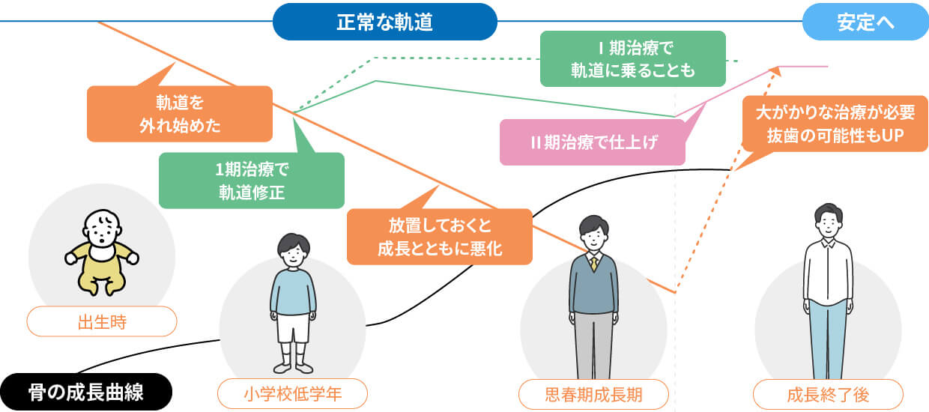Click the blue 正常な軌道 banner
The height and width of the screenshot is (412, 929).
tap(384, 22)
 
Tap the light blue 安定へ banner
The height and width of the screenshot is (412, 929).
tap(865, 22)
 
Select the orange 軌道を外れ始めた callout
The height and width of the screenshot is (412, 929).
tap(180, 113)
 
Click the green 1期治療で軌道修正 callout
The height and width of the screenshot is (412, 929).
tap(252, 180)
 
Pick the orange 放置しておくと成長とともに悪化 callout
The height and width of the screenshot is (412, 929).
tap(439, 237)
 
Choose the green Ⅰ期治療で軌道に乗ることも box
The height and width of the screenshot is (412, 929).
tap(633, 59)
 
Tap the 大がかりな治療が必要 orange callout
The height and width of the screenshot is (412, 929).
tap(835, 124)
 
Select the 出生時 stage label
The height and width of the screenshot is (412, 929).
tap(102, 322)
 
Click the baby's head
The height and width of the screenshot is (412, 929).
tap(102, 228)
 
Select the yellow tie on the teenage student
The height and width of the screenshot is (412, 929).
tap(593, 263)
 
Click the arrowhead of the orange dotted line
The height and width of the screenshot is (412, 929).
tap(776, 71)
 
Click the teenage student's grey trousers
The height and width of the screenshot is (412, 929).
tap(593, 345)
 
